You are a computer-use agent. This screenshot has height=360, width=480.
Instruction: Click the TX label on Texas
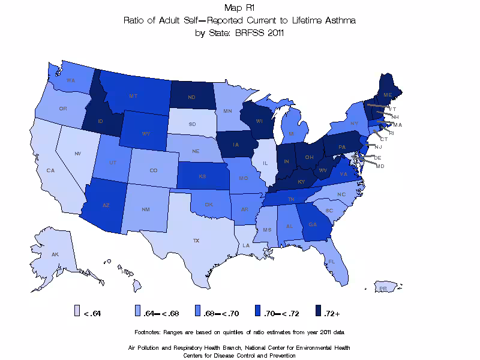point(196,240)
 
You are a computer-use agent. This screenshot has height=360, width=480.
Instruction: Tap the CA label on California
point(50,170)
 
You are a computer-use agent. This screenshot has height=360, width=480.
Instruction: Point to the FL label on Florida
point(331,262)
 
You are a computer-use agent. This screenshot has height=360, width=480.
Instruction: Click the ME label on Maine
point(388,95)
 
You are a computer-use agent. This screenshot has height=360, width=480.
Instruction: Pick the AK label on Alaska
point(55,254)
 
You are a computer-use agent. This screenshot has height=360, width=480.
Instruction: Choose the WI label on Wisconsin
point(259,121)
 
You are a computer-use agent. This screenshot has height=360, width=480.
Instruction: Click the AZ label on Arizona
point(106,205)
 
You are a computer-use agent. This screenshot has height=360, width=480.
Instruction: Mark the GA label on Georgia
point(313,224)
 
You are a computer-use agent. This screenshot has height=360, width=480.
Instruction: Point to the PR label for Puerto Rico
point(383,289)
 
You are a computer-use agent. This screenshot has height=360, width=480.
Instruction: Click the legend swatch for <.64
point(77,311)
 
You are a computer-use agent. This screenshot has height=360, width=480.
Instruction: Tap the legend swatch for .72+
point(319,311)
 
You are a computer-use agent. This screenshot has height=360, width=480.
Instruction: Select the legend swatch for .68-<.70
point(198,311)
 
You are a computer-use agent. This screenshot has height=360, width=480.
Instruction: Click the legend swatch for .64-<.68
point(137,311)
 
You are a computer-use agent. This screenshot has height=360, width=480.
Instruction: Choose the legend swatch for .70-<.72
point(259,311)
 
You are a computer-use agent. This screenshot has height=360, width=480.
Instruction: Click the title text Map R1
point(239,8)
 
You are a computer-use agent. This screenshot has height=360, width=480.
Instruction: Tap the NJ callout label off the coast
point(378,146)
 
